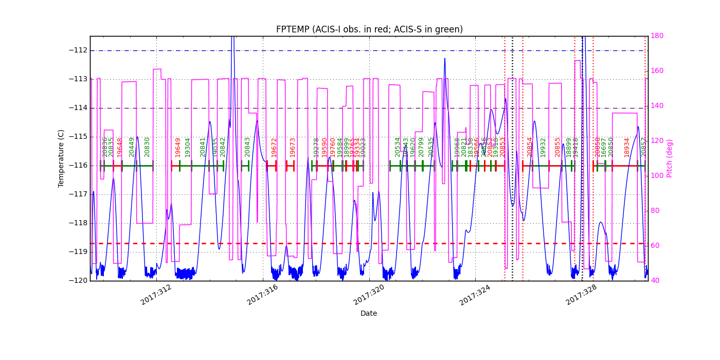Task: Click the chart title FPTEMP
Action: (369, 29)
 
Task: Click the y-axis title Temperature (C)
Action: (61, 158)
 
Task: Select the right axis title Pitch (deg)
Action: (670, 158)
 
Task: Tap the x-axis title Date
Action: (369, 313)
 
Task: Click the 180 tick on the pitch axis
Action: (657, 36)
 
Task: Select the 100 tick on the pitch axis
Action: (657, 176)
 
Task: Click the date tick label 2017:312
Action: (156, 295)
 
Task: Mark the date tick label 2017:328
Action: (582, 295)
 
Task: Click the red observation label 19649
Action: (178, 147)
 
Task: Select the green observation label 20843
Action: (247, 147)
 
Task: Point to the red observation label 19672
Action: (274, 147)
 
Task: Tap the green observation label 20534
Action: (398, 147)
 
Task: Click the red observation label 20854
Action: (530, 147)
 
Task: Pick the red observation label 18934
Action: (627, 147)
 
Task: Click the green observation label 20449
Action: (132, 147)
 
